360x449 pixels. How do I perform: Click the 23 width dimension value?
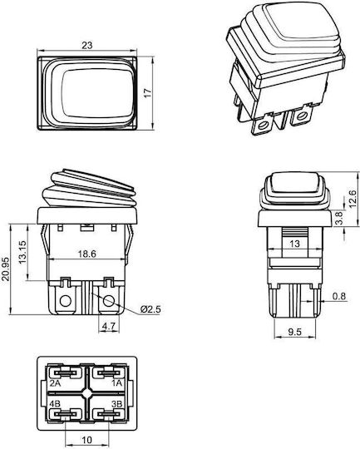coord(87,45)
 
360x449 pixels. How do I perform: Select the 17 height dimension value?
coord(148,93)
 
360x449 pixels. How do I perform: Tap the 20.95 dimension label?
coord(6,269)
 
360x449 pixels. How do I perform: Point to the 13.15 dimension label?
coord(22,252)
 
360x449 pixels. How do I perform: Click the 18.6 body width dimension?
coord(87,254)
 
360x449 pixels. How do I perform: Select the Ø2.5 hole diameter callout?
coord(150,309)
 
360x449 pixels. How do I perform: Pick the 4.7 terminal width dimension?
coord(109,326)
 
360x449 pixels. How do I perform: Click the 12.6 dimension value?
coord(353,199)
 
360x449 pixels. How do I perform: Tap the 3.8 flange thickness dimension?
coord(338,218)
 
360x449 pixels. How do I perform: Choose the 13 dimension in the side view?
coord(294,244)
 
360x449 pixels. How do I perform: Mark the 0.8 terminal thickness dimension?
coord(339,296)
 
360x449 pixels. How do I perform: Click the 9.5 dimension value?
coord(294,332)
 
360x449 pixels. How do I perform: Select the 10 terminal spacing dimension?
coord(87,440)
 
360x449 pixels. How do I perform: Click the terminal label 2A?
coord(55,383)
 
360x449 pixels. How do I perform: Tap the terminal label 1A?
coord(117,383)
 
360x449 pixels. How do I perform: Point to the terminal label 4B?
coord(55,404)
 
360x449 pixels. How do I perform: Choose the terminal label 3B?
coord(117,404)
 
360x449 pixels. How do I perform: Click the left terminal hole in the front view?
coord(66,301)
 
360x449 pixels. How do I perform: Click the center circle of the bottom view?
coord(87,393)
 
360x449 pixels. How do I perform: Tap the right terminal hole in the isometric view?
coord(300,116)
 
